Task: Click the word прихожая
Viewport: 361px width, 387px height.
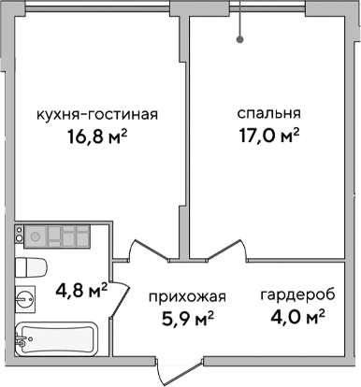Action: pyautogui.click(x=187, y=298)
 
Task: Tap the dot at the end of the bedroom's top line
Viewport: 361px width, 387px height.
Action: pyautogui.click(x=241, y=40)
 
